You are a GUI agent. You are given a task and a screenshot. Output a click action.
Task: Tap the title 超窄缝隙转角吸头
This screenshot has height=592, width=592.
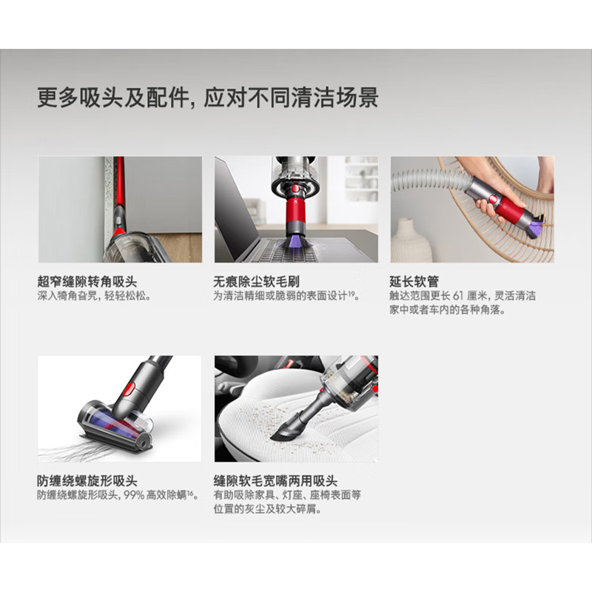point(87,282)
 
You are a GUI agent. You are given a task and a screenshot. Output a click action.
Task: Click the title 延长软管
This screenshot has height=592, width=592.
point(414,282)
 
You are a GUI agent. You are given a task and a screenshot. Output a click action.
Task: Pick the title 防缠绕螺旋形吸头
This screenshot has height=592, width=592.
point(87,481)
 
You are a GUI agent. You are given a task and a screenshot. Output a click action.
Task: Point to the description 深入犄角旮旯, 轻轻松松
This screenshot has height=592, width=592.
point(94,296)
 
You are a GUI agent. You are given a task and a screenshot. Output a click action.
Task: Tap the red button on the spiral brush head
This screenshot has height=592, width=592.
point(129,387)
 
